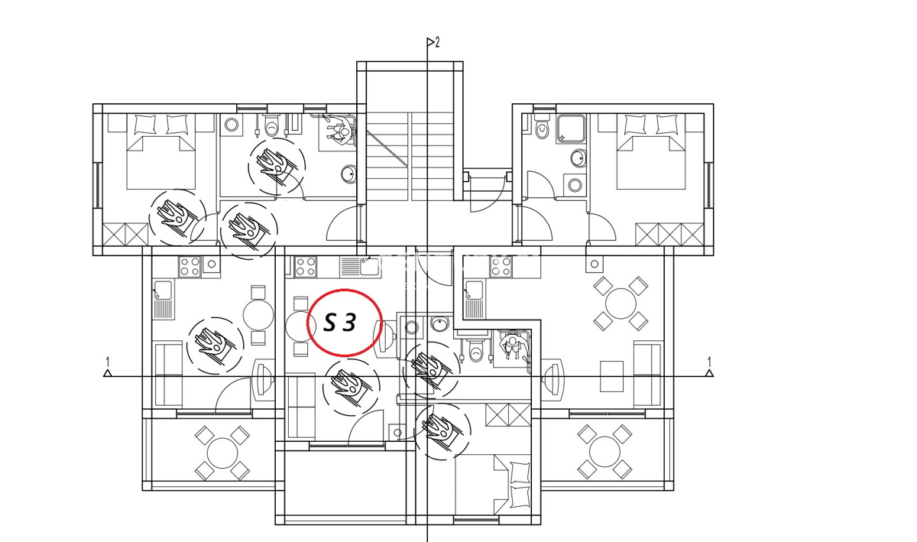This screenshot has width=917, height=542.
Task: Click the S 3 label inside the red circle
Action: coord(340,323)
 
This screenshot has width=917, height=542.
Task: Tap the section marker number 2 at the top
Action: coord(437,42)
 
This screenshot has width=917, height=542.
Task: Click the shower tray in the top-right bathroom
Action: coord(572,129)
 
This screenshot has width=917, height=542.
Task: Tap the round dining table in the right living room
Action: coord(621,303)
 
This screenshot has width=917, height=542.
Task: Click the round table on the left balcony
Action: coord(222,453)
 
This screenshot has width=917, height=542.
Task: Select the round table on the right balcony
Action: coord(604,452)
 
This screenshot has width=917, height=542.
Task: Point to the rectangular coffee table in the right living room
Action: coord(611,376)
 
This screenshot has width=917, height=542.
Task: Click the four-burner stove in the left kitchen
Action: coord(190,267)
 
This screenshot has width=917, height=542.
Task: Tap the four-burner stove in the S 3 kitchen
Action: coord(306,267)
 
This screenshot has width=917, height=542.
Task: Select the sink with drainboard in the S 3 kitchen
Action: coord(360,267)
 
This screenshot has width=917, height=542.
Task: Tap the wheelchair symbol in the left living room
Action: coord(215,346)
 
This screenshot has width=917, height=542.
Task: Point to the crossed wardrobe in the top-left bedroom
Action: coord(125,235)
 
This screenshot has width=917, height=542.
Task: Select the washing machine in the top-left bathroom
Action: coord(232,125)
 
